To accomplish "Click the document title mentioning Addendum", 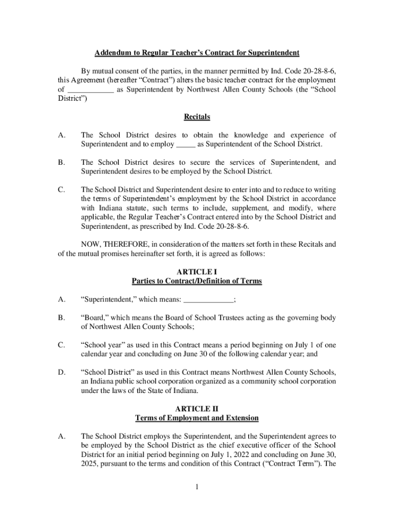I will pos(196,53).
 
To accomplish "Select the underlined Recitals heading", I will pos(196,117).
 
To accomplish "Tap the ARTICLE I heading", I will pos(196,272).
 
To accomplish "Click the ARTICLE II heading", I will pos(196,409).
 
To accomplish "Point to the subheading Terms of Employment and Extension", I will pos(196,418).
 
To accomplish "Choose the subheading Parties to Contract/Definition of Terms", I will pos(196,281).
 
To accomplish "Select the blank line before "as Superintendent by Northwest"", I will pos(91,90).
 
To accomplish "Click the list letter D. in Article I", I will pos(61,373).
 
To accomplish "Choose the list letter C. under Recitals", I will pos(61,190).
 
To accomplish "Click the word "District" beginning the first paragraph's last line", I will pos(70,99).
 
